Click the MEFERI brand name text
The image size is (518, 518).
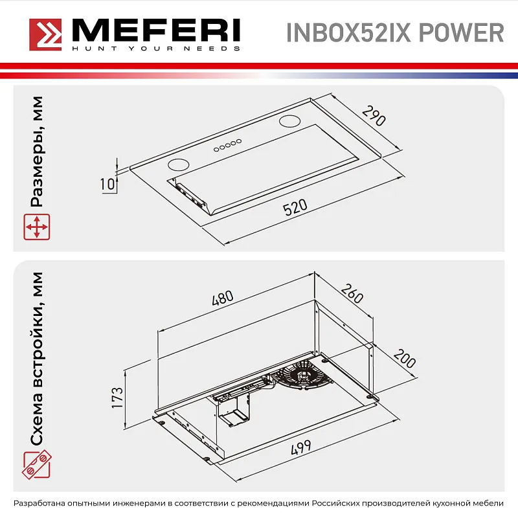(155, 30)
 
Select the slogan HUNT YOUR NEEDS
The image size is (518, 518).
(155, 49)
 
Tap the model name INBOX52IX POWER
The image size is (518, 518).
(394, 32)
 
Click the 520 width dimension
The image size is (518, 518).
(295, 208)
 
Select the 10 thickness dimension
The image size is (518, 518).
(108, 184)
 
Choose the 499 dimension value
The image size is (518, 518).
(300, 447)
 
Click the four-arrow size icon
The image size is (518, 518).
(37, 228)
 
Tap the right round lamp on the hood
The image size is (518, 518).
(289, 120)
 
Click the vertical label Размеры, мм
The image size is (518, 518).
(37, 153)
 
